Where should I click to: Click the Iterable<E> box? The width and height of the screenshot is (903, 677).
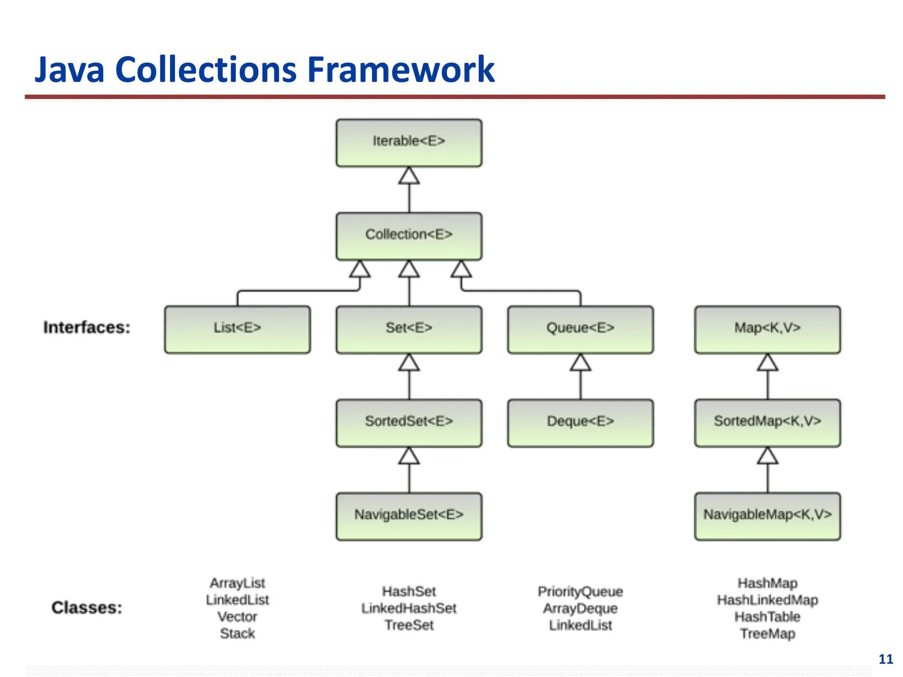click(409, 142)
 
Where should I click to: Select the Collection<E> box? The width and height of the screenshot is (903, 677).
click(409, 236)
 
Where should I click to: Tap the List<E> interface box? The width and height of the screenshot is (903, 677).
click(237, 329)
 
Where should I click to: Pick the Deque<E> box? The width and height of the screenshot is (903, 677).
click(580, 423)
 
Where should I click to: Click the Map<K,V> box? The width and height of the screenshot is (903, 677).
click(767, 329)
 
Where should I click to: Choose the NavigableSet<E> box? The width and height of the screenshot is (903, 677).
click(409, 516)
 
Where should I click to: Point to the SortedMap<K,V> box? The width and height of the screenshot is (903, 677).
click(767, 423)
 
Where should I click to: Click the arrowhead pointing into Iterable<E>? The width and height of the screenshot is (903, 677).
click(409, 176)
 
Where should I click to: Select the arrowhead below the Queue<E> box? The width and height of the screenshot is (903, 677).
click(580, 363)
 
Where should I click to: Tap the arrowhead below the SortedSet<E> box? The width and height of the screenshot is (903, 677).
click(409, 456)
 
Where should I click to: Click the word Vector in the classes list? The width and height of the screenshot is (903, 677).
click(237, 617)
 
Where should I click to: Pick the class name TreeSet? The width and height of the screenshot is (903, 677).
click(409, 625)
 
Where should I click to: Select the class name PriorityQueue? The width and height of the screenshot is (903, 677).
click(580, 591)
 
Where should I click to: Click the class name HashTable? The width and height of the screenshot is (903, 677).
click(767, 617)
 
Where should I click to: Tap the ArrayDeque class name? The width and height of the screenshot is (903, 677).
click(580, 608)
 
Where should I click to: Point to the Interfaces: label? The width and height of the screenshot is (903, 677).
click(87, 327)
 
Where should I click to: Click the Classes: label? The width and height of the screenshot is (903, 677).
click(87, 608)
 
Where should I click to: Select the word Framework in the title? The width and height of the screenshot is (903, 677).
click(401, 69)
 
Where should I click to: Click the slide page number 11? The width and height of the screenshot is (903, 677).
click(885, 659)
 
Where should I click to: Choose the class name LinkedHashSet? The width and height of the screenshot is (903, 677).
click(409, 608)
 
